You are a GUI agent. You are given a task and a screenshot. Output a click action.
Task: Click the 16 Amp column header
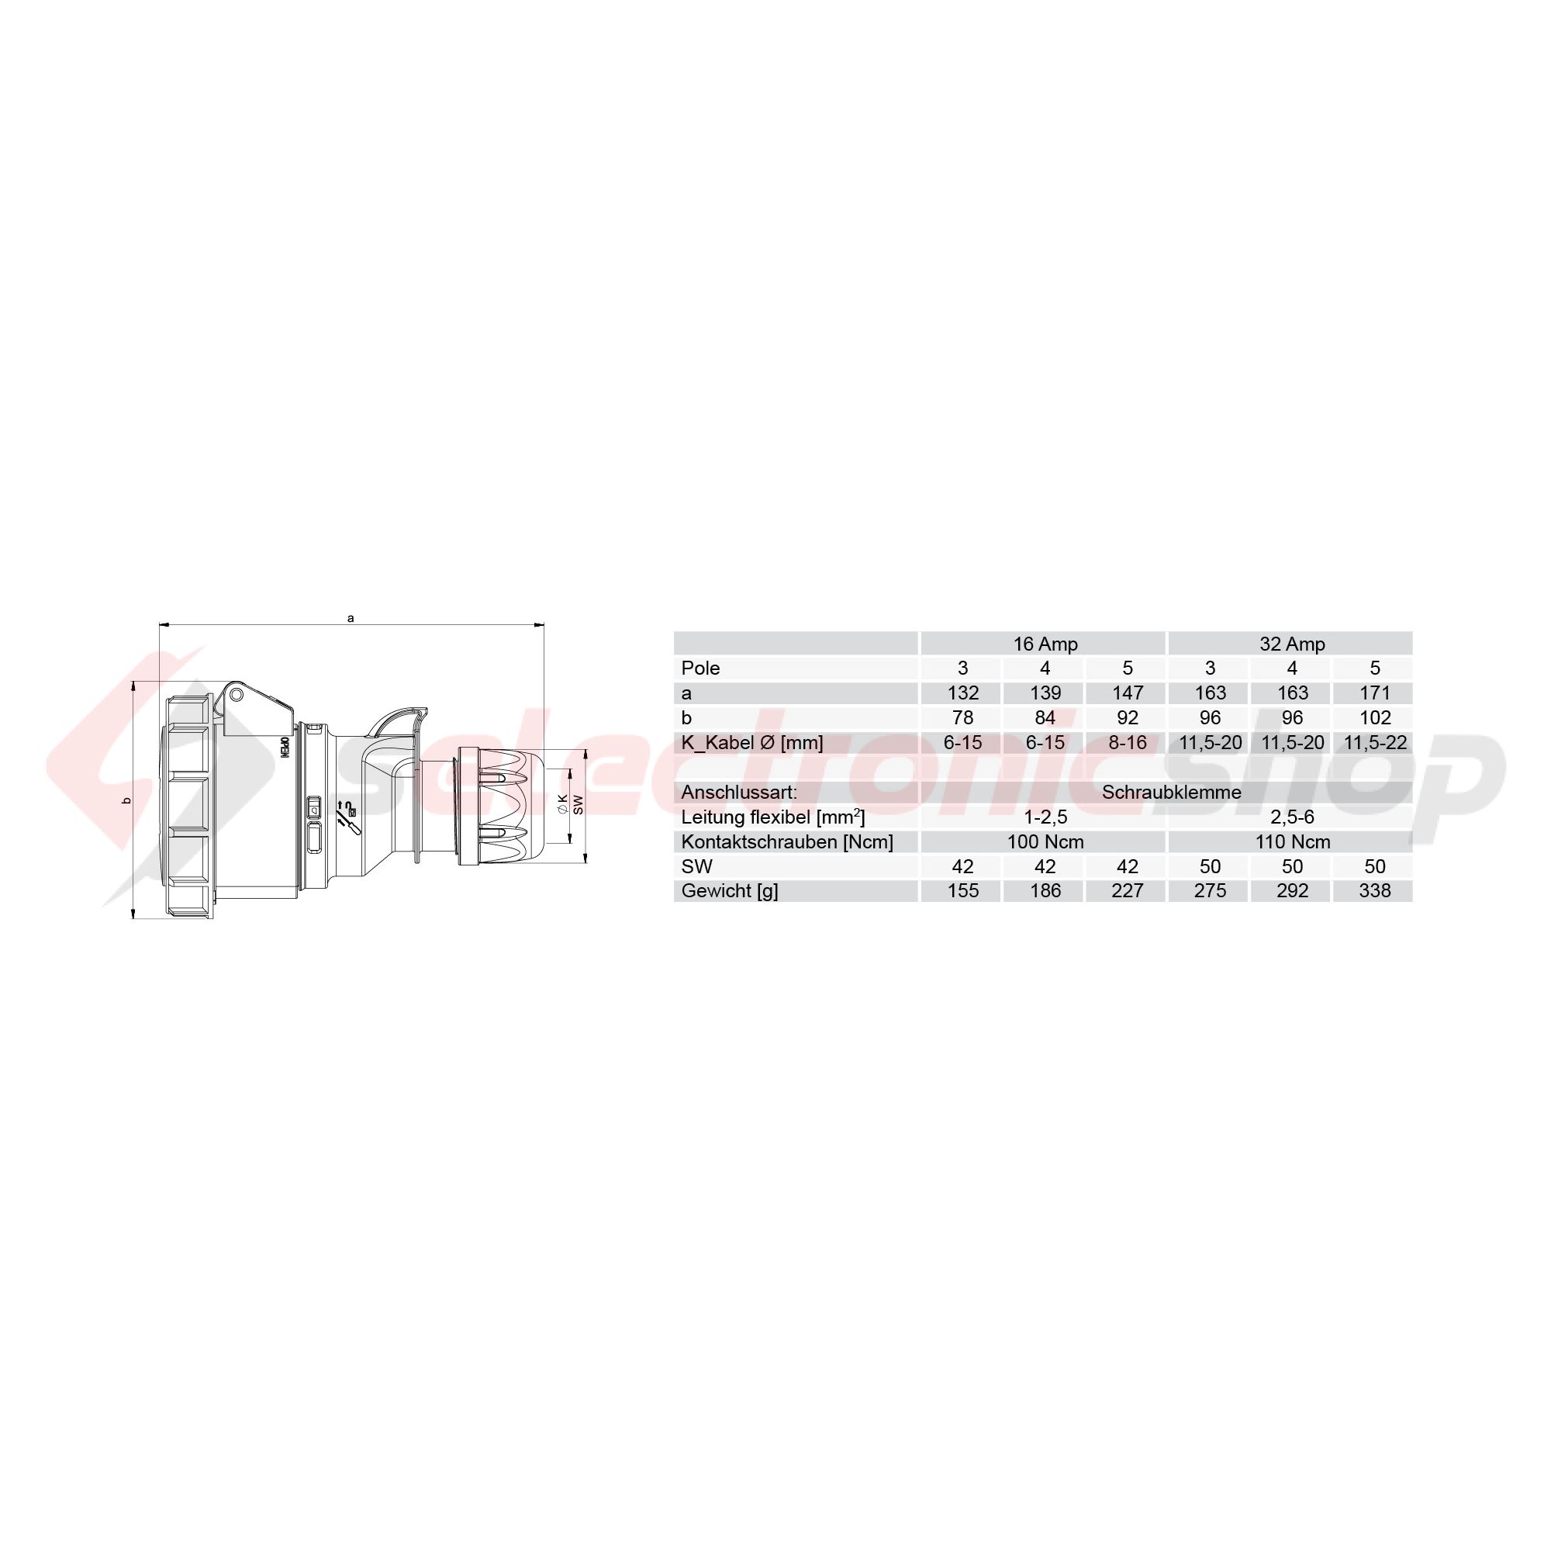[x=1045, y=644]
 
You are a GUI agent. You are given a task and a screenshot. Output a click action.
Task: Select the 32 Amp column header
[x=1292, y=644]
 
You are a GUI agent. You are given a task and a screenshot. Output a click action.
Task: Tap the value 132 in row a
[x=962, y=693]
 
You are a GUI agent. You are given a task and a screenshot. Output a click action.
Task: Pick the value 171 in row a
[x=1374, y=693]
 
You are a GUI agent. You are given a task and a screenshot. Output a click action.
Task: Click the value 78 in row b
[x=962, y=717]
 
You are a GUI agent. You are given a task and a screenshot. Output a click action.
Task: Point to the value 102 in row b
[x=1374, y=717]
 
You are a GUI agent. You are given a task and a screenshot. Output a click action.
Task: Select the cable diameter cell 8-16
[x=1127, y=743]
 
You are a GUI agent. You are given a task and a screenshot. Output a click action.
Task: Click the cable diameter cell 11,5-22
[x=1375, y=743]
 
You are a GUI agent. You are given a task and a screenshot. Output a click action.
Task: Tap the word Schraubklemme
[x=1171, y=793]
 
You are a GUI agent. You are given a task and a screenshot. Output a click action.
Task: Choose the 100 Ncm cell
[x=1045, y=842]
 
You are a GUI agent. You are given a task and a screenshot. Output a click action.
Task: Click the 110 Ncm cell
[x=1293, y=842]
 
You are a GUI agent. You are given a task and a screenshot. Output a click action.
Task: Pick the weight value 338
[x=1374, y=890]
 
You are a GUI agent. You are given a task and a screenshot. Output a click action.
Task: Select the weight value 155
[x=962, y=890]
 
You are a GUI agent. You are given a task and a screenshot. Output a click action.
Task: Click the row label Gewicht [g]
[x=729, y=890]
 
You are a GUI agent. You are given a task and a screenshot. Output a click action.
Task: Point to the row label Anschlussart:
[x=738, y=793]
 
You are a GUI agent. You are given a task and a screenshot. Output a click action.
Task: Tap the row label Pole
[x=700, y=668]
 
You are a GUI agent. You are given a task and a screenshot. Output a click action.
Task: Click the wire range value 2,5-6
[x=1292, y=817]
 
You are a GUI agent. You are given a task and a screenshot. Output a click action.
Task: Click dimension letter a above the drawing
[x=350, y=618]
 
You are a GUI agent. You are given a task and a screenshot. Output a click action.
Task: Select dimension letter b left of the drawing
[x=126, y=800]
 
